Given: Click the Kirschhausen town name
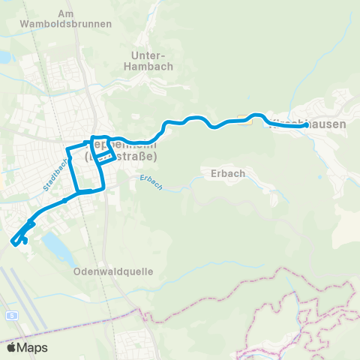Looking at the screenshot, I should pos(307,124).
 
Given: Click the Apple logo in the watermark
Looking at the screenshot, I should pos(13,347).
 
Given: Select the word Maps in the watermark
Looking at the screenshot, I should pos(33,348).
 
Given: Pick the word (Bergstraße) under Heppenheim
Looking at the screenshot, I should pos(121,157).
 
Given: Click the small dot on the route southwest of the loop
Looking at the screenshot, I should pos(66,200).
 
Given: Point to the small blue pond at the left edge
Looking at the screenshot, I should pos(4,57).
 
